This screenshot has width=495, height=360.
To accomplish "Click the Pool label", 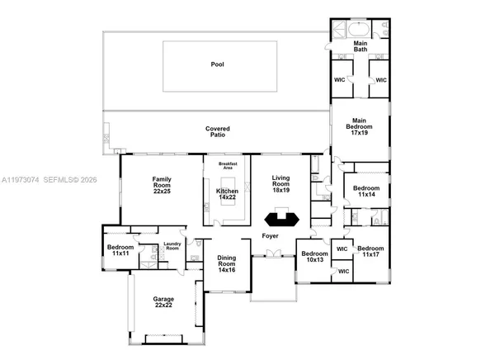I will click(217, 64).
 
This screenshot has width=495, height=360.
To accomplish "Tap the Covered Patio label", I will click(217, 133).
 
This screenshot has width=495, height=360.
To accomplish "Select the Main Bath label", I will click(360, 45).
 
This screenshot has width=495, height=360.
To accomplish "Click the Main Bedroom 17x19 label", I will click(360, 126).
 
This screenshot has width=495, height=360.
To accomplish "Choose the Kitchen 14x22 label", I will click(227, 195).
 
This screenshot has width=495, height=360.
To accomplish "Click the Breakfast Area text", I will click(227, 166).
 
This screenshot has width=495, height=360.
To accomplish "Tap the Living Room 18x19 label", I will click(282, 183).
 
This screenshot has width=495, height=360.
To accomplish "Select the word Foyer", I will click(270, 235).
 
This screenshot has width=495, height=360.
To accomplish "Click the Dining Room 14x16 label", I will click(227, 265).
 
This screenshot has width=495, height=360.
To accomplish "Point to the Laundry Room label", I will click(172, 245).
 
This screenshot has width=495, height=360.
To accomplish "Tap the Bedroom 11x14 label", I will click(365, 192).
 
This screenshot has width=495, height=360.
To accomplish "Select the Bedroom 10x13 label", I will click(313, 257).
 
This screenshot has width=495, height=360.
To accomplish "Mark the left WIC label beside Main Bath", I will click(339, 80).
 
